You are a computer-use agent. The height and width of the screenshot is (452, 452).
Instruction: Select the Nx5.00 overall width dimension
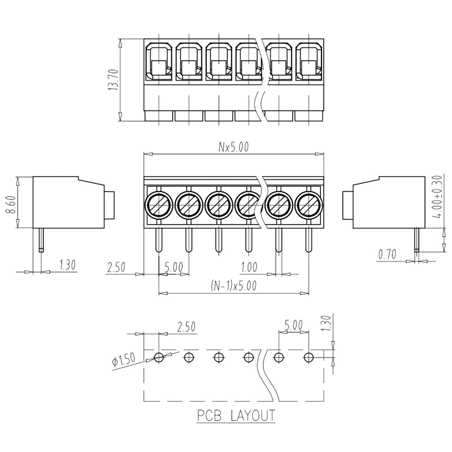(233, 147)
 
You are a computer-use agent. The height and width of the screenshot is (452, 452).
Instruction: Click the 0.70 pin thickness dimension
(387, 255)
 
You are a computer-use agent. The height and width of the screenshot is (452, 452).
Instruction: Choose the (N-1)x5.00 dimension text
(233, 286)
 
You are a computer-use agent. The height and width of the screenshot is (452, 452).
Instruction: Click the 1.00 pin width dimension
(249, 267)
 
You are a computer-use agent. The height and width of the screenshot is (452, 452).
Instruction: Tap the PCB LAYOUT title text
(236, 416)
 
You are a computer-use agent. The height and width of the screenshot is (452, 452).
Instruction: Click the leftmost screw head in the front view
(159, 205)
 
